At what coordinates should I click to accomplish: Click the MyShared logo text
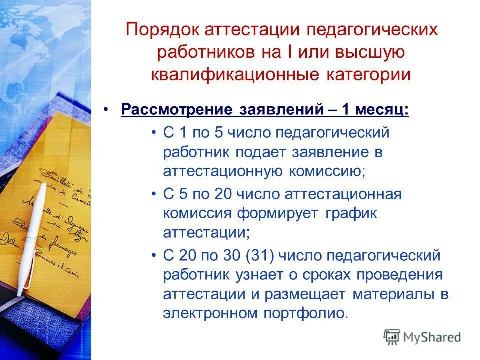(x=432, y=337)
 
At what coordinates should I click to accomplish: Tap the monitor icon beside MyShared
(x=392, y=337)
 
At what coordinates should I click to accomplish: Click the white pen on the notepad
(x=31, y=235)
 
